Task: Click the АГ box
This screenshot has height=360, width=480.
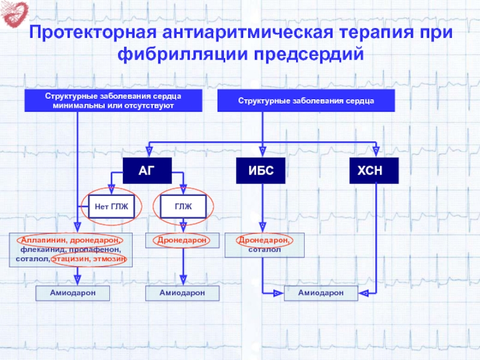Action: click(147, 172)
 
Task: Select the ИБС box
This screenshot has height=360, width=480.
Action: click(262, 172)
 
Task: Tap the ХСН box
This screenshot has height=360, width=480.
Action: click(375, 172)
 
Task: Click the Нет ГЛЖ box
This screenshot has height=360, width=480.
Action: click(112, 207)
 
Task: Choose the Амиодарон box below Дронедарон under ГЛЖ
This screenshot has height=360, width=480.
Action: click(182, 292)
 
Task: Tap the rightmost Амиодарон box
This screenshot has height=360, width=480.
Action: click(321, 292)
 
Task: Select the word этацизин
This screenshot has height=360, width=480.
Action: click(71, 259)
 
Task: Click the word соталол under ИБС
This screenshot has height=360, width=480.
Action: click(264, 249)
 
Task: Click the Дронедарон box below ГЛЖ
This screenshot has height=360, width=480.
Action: click(182, 240)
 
